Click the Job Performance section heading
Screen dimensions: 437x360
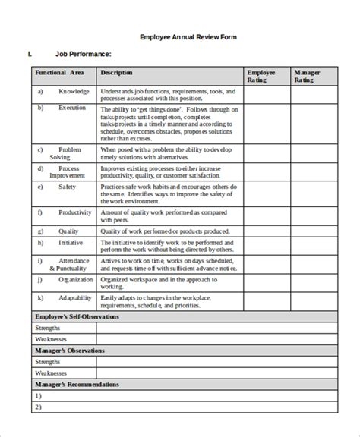(x=84, y=54)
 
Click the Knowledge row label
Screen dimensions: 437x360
(x=74, y=92)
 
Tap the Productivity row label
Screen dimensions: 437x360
(x=75, y=212)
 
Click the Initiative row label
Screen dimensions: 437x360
(x=71, y=243)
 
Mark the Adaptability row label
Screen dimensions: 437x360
(x=74, y=298)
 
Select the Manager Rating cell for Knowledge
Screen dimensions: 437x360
(x=311, y=96)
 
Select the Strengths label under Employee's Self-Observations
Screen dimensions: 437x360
(x=48, y=328)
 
